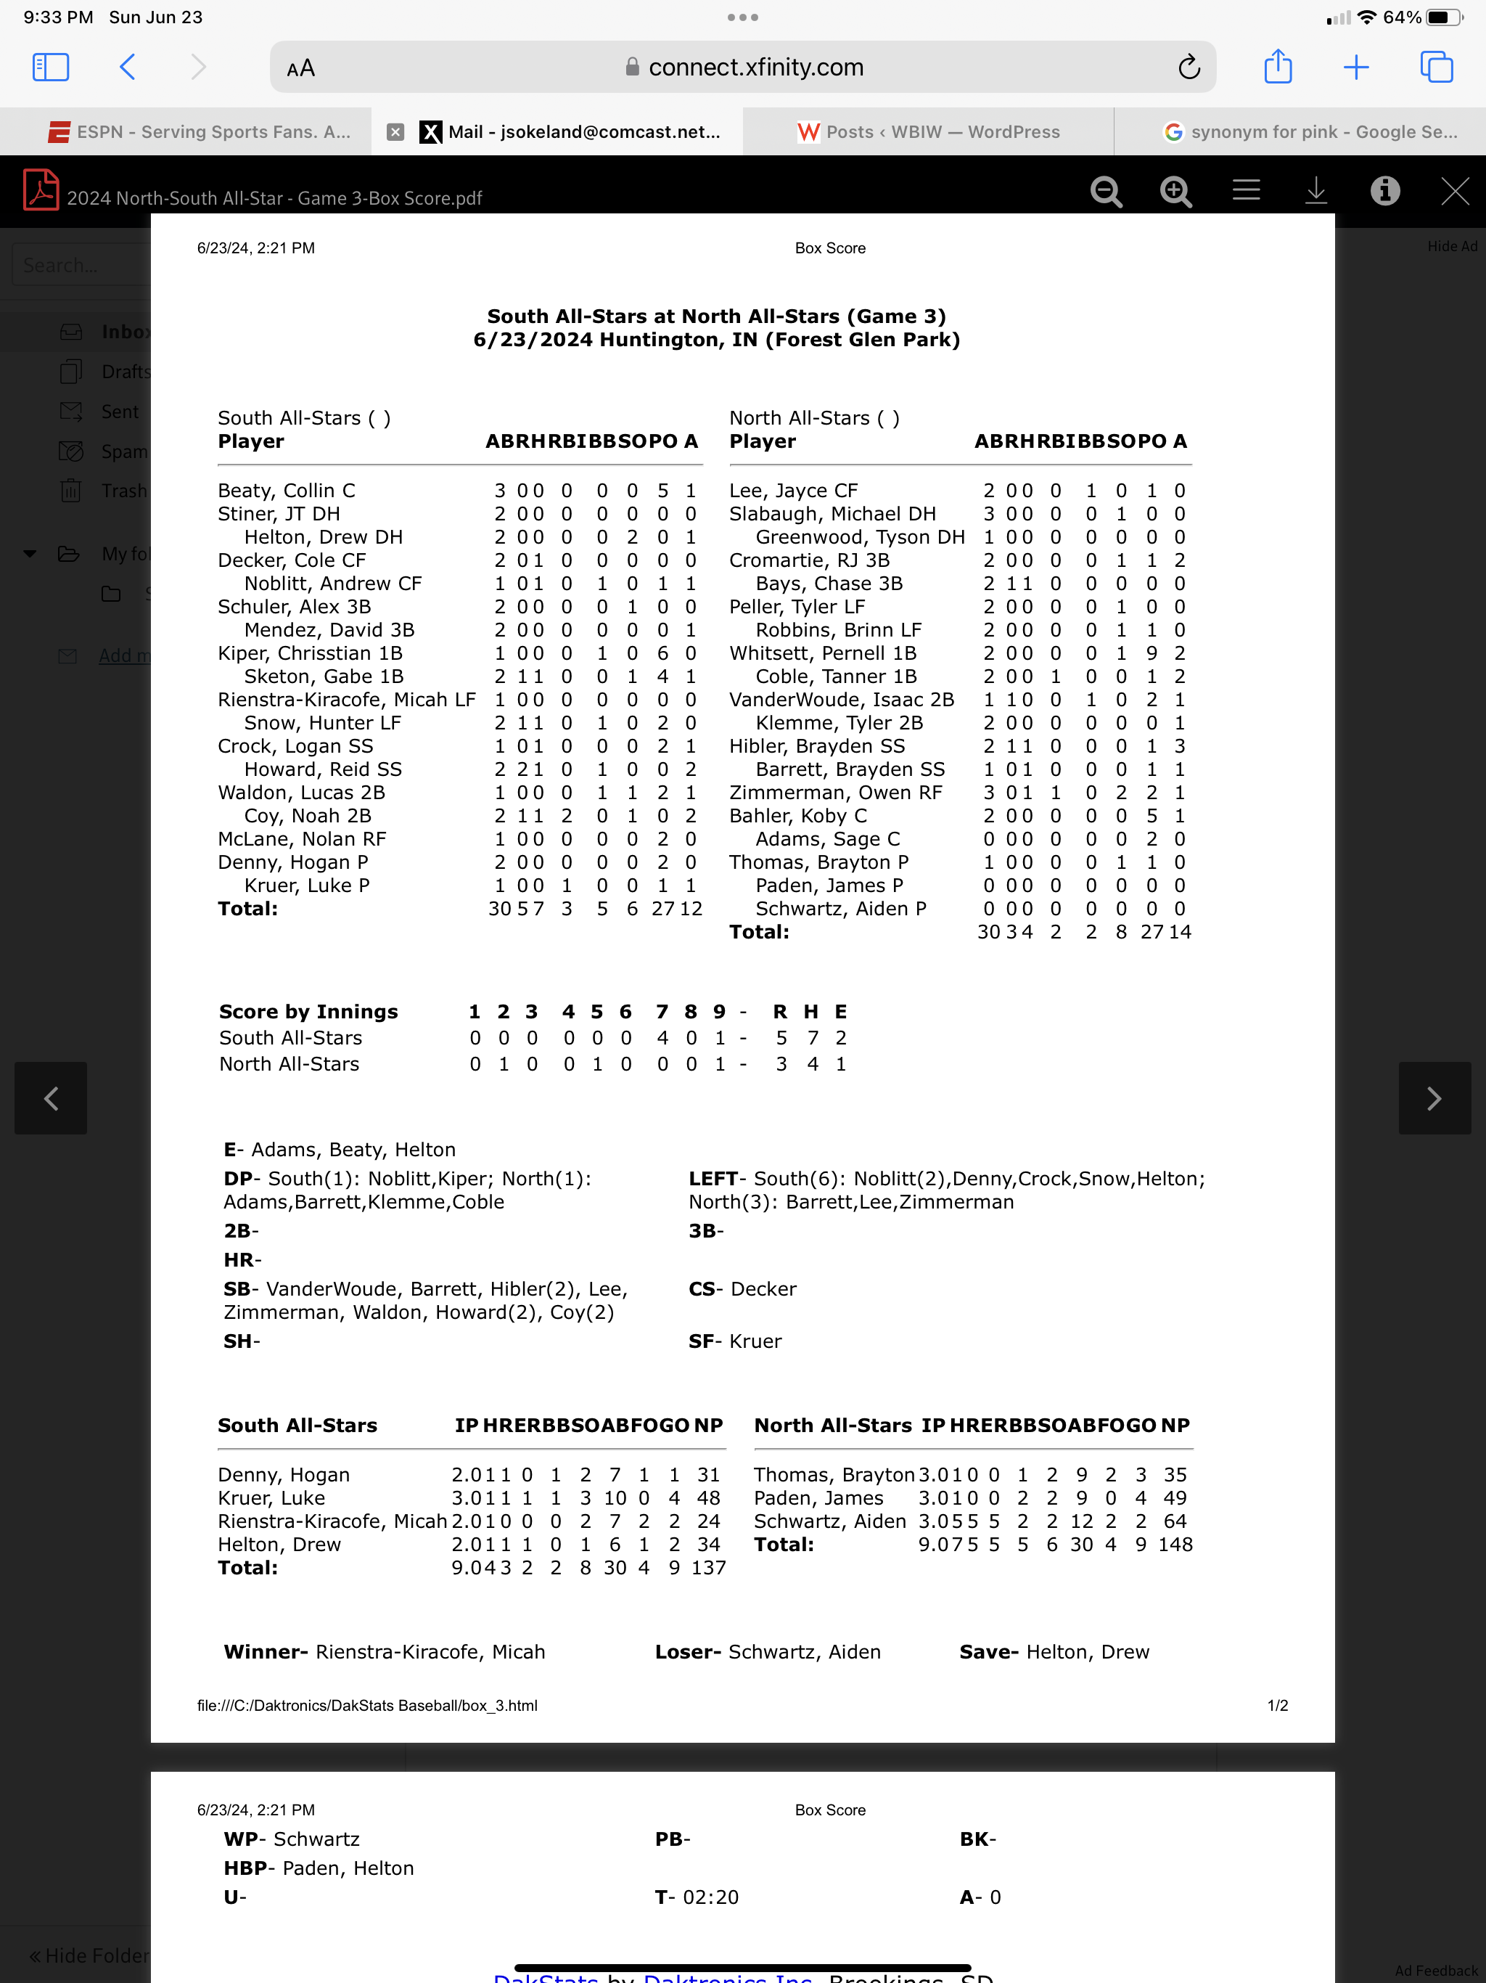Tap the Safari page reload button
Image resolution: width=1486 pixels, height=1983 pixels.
coord(1189,68)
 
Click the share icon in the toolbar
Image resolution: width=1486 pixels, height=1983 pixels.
coord(1277,68)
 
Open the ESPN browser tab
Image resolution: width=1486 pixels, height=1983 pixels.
coord(199,132)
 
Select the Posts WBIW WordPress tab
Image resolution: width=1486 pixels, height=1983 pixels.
coord(929,132)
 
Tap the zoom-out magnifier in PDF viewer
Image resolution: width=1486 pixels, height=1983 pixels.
coord(1106,191)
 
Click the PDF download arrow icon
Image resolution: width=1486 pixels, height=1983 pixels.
coord(1315,191)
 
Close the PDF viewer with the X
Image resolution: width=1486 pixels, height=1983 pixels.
coord(1454,191)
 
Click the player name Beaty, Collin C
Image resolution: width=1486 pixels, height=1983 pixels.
coord(287,491)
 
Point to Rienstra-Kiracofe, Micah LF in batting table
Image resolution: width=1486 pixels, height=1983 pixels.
coord(346,699)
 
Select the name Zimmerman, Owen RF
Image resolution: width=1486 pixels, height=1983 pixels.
coord(835,793)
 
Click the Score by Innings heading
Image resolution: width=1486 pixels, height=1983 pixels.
coord(308,1011)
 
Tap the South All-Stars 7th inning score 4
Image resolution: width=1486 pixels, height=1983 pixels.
coord(662,1037)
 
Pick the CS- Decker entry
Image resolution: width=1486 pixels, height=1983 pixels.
coord(742,1288)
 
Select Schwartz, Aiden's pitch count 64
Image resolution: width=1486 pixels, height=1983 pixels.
coord(1174,1521)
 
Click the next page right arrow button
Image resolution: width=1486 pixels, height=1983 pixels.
coord(1434,1098)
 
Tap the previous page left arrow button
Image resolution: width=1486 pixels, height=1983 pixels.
coord(51,1098)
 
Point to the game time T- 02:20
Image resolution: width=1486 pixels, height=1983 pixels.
coord(697,1896)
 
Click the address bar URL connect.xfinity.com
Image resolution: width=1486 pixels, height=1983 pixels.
coord(755,68)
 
